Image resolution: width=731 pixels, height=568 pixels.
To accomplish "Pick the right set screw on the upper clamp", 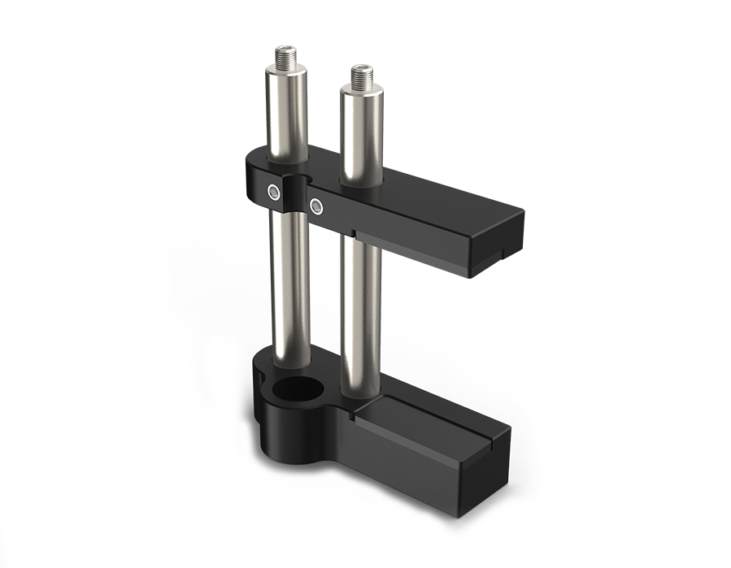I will click(x=316, y=206).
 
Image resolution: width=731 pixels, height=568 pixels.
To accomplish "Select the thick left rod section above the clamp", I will click(x=286, y=114).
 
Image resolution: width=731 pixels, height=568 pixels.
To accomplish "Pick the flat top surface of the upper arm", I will click(x=439, y=203).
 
